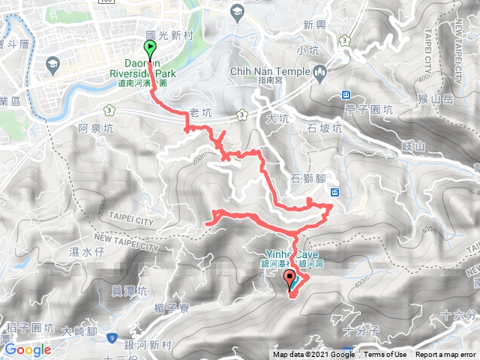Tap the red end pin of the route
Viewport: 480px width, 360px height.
(290, 280)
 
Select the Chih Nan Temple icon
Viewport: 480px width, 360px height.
(320, 73)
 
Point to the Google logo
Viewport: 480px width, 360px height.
(28, 349)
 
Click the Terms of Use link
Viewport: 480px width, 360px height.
(385, 355)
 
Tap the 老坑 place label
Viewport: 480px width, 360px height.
(202, 114)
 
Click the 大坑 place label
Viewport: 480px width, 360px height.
(277, 118)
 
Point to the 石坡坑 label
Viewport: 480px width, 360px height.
(324, 128)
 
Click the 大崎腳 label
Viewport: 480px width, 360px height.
(81, 330)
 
